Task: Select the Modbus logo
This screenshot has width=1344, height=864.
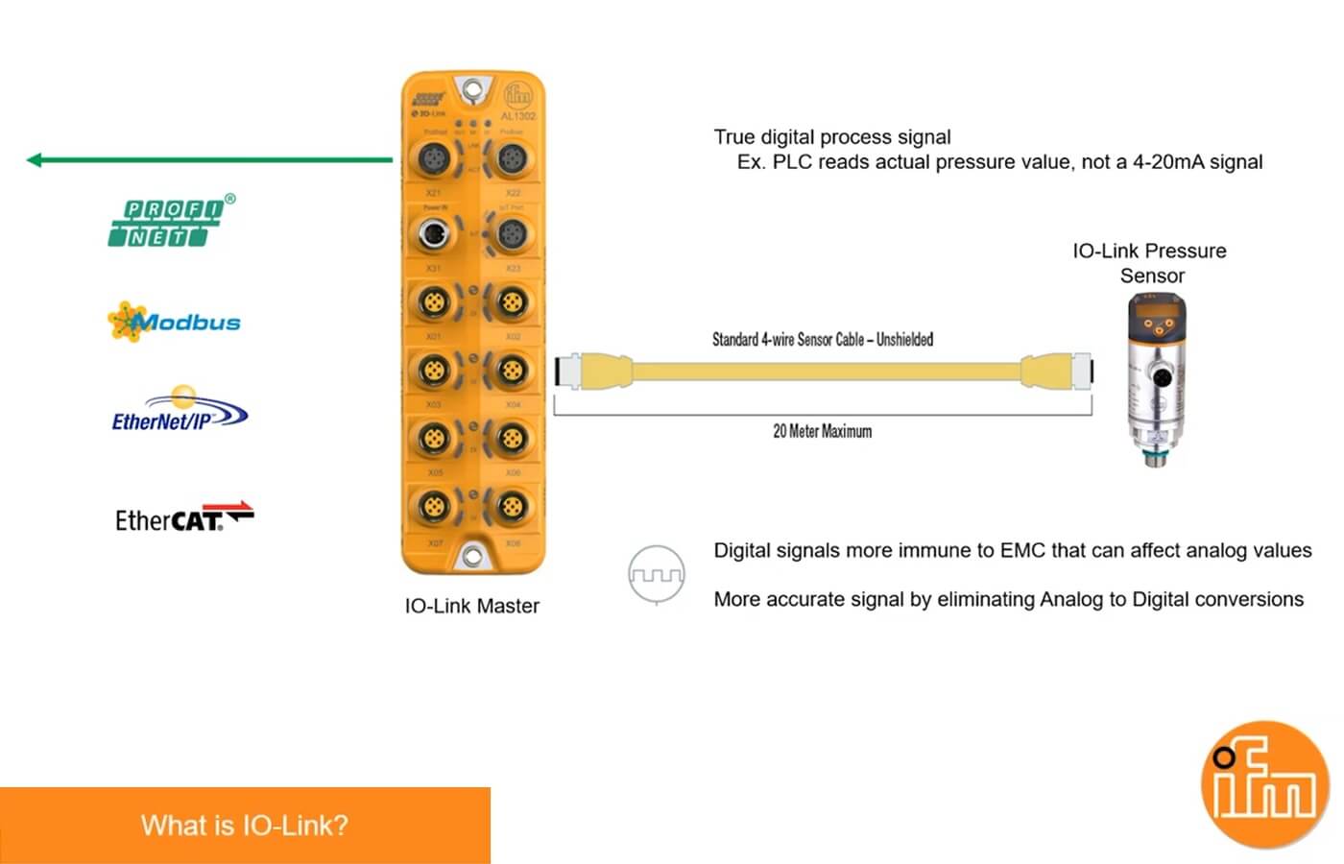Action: click(174, 322)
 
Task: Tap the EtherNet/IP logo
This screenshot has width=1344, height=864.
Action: click(179, 413)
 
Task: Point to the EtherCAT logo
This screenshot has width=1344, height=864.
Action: click(183, 518)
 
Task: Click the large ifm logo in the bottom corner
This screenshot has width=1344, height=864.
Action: click(1264, 784)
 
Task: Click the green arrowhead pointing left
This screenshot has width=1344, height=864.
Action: click(35, 160)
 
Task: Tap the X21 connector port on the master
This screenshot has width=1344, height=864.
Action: click(433, 156)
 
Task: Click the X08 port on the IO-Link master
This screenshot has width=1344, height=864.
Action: click(512, 506)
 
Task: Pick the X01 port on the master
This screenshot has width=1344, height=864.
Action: click(433, 303)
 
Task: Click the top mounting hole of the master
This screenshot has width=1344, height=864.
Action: click(472, 91)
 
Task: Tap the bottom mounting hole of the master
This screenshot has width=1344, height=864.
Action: click(472, 555)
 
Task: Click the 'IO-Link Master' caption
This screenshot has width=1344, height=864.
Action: click(471, 606)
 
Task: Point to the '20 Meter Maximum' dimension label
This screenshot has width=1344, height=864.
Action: click(822, 432)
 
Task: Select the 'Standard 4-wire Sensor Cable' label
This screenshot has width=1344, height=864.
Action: click(822, 339)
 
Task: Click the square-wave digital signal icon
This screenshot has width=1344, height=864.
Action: click(657, 575)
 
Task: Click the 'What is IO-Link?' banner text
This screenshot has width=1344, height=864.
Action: click(244, 826)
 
